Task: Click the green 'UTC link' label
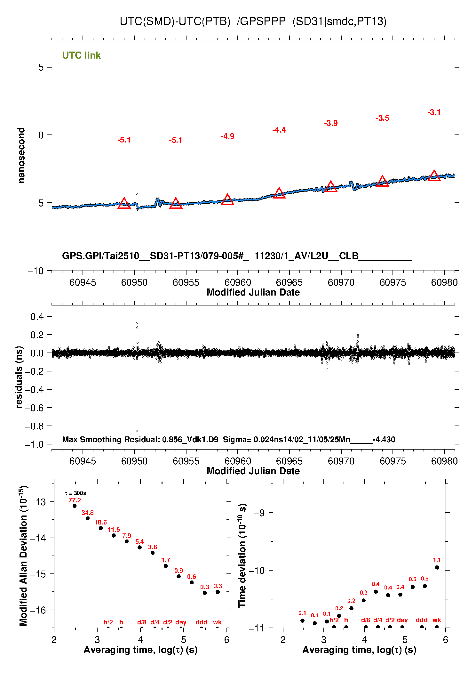tap(81, 55)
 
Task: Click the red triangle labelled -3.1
tap(434, 175)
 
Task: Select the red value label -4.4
tap(279, 130)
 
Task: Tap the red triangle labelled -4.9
tap(227, 199)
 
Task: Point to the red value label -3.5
tap(382, 118)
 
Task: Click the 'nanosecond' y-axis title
tap(21, 155)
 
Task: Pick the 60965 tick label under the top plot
tap(289, 282)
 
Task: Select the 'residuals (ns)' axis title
tap(19, 377)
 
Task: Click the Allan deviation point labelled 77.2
tap(75, 506)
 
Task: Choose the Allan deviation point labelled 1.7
tap(166, 566)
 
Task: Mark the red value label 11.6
tap(114, 530)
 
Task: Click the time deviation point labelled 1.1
tap(437, 567)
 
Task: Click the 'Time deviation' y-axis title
tap(242, 556)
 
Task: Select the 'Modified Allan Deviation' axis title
tap(23, 556)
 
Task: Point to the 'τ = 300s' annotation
tap(75, 493)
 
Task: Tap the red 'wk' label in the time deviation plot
tap(437, 620)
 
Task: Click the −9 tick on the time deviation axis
tap(259, 513)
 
